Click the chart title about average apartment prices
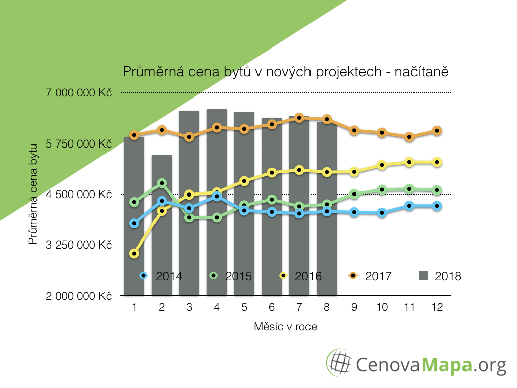click(x=286, y=72)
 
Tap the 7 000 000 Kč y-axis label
click(x=78, y=93)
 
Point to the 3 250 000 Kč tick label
click(x=78, y=245)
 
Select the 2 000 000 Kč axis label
click(x=78, y=296)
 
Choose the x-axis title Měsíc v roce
click(x=285, y=327)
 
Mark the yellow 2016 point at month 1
click(x=134, y=254)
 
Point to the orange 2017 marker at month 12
click(x=437, y=131)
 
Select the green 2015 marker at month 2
click(x=162, y=183)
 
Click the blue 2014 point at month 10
click(x=382, y=213)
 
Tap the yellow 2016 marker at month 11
click(x=409, y=162)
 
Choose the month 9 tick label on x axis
click(x=354, y=307)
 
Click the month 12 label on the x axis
click(x=437, y=307)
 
